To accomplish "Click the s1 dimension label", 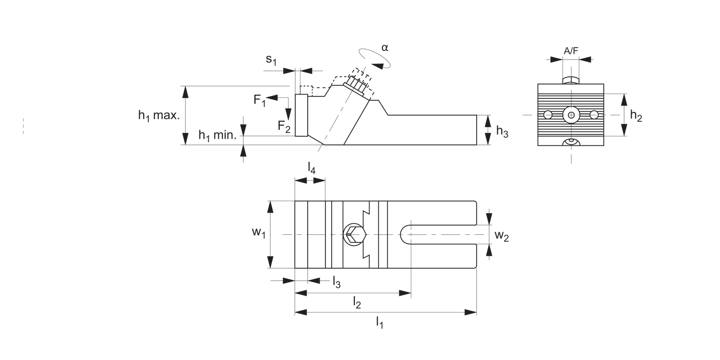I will (272, 60).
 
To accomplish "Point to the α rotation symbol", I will (384, 48).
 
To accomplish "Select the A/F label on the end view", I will (571, 50).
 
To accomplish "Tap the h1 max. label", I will (159, 115).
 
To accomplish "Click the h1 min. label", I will (217, 135).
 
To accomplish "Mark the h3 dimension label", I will (502, 131).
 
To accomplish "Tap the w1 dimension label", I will (259, 233).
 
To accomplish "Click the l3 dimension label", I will (336, 282).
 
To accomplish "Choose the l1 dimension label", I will (379, 322).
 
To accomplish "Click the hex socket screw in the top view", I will (354, 234).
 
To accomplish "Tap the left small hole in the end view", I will (548, 115).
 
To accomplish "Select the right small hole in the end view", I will (594, 115).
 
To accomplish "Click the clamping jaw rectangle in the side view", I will (301, 115).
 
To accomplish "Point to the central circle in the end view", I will (571, 115).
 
